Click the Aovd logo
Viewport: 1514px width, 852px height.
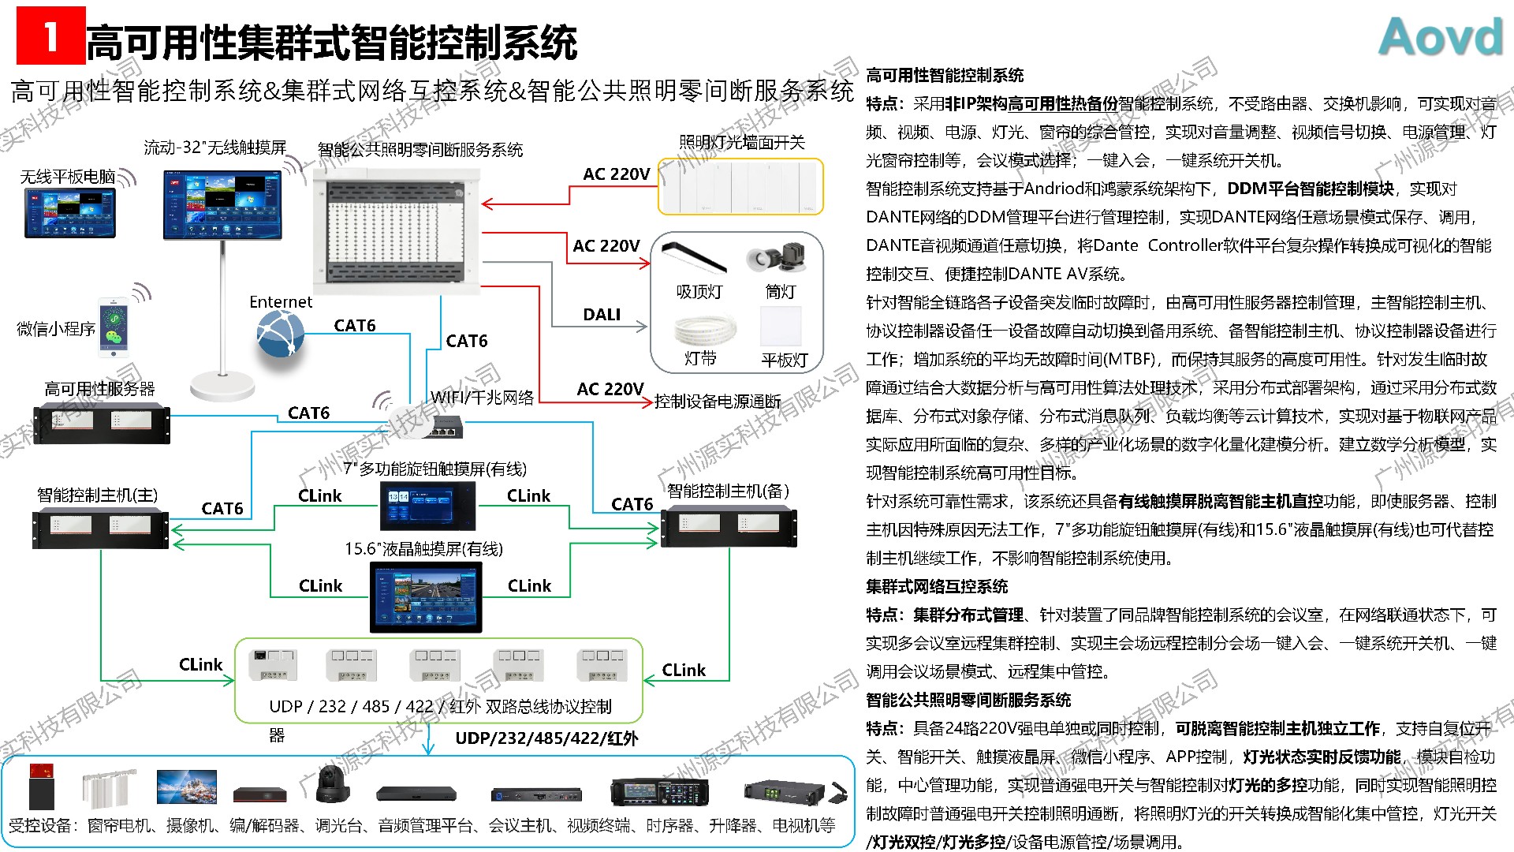click(1441, 37)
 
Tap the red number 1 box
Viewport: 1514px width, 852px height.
click(50, 36)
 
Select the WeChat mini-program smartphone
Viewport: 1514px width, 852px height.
click(113, 327)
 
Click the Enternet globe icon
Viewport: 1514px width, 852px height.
click(280, 334)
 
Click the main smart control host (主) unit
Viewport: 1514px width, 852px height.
click(100, 527)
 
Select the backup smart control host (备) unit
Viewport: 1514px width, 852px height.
click(728, 526)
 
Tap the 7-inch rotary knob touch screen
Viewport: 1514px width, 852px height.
click(428, 506)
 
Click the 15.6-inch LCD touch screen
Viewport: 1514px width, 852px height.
click(426, 598)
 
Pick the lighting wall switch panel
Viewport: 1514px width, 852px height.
click(740, 187)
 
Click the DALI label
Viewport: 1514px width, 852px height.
click(602, 315)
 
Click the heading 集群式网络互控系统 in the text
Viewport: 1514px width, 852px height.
click(937, 586)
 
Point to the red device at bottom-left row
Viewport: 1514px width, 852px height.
click(41, 786)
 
